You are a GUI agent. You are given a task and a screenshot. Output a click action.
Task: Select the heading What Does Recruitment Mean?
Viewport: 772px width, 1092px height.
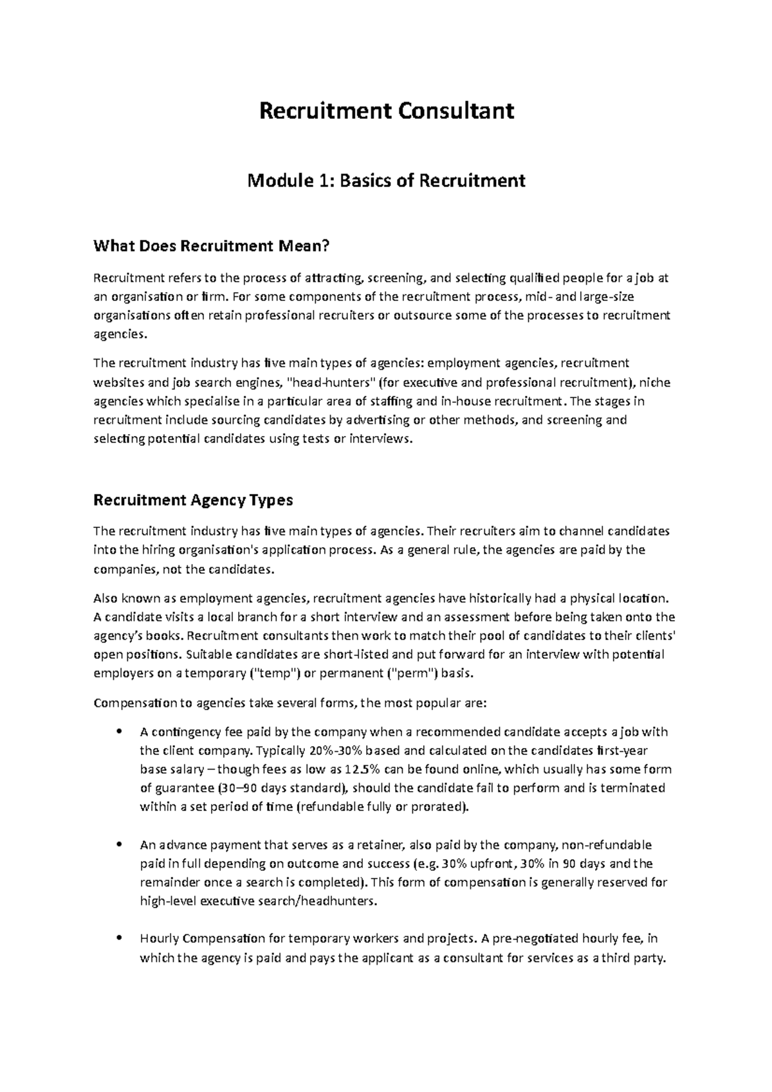click(x=211, y=246)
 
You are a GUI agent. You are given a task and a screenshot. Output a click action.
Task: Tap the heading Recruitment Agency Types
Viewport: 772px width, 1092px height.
click(x=193, y=500)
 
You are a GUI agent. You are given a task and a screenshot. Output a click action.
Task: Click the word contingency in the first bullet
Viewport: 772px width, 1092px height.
click(x=182, y=732)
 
